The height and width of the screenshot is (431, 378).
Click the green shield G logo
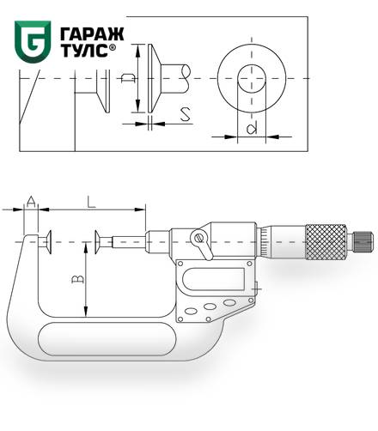33,41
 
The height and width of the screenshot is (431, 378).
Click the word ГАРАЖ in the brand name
92,34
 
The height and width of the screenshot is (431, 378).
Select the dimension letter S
186,115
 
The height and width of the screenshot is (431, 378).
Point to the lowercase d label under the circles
252,128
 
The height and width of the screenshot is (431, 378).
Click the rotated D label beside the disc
127,78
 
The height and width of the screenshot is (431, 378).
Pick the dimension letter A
31,202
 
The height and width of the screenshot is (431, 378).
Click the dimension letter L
91,202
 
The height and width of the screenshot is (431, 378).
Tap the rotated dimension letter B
77,279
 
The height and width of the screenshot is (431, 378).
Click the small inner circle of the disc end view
252,79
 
